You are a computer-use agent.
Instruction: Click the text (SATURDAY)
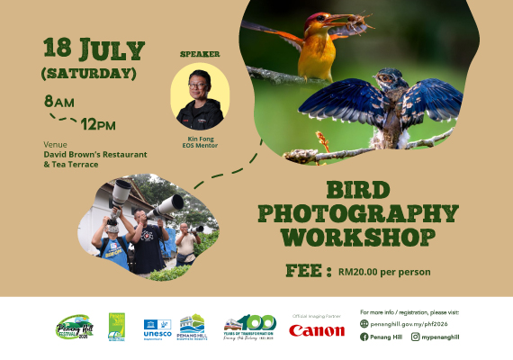tap(89, 72)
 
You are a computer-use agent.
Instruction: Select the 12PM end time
tap(99, 124)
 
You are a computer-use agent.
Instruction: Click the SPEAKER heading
tap(200, 54)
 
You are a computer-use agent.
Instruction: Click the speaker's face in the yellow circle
tap(200, 87)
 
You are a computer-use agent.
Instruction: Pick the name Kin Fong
tap(200, 139)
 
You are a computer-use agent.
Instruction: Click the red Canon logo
tap(317, 330)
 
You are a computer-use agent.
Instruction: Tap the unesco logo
tap(157, 328)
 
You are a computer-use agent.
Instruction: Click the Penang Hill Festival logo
tap(75, 327)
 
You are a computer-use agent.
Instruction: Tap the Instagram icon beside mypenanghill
tap(416, 337)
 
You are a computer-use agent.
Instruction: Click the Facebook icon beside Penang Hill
tap(364, 337)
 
